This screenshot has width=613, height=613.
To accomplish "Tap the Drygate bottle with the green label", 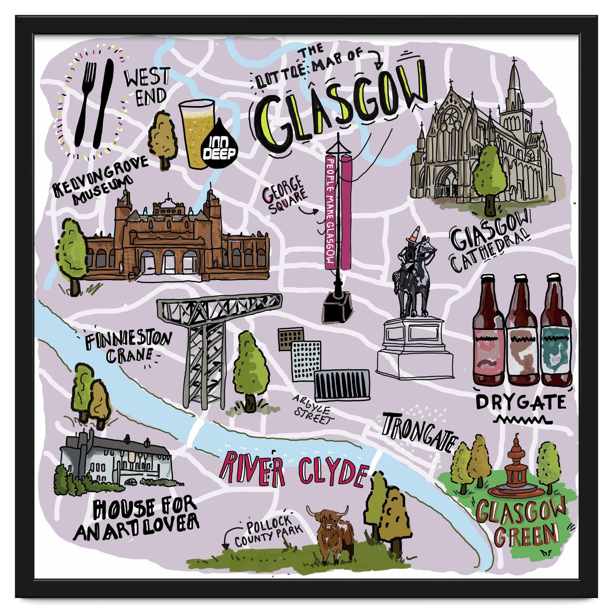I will (556, 332).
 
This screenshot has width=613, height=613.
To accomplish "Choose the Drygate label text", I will (520, 402).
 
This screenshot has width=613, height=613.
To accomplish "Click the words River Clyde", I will (294, 470).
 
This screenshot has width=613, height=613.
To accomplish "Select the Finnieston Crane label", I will (128, 347).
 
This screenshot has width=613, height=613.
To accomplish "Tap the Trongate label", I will (418, 432).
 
